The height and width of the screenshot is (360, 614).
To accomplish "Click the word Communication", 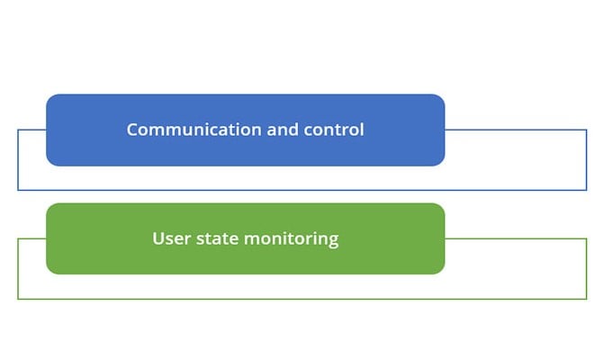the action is (194, 130).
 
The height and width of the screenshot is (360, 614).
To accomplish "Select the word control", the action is (334, 130).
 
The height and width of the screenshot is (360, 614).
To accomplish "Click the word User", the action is (172, 238).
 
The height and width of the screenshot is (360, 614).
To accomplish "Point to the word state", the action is (217, 238).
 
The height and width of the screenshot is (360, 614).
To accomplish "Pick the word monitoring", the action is (291, 239).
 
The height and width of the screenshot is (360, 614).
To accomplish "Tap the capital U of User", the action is (158, 238).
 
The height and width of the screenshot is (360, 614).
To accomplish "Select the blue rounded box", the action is (246, 130).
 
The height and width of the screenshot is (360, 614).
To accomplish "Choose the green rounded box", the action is (246, 238).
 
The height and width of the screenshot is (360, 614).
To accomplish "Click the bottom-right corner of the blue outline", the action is (587, 190).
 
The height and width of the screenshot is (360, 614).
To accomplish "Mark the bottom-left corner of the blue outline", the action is (18, 190).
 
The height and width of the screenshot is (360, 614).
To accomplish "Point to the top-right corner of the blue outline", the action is (587, 130).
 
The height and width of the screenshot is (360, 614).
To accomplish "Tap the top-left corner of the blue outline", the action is (18, 130).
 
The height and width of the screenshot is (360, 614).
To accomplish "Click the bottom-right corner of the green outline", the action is (587, 299).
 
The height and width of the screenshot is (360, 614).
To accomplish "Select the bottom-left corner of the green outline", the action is (18, 299).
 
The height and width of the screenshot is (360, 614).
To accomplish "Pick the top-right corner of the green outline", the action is (587, 238).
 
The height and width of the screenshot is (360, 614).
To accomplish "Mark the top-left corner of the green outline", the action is (18, 238).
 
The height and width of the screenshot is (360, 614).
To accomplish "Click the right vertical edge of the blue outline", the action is (587, 159).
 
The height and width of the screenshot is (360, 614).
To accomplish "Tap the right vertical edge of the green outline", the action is (587, 269).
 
